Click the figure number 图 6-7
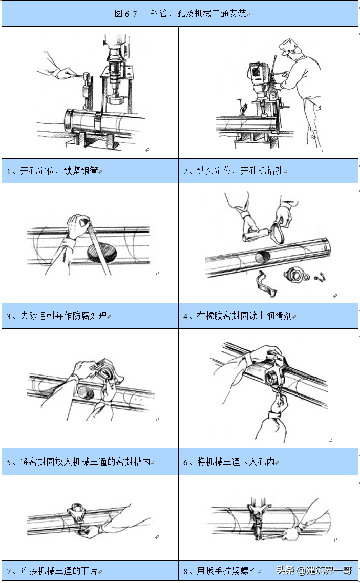pyautogui.click(x=125, y=14)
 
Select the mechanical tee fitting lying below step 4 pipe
pyautogui.click(x=297, y=275)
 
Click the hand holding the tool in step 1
pyautogui.click(x=64, y=73)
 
